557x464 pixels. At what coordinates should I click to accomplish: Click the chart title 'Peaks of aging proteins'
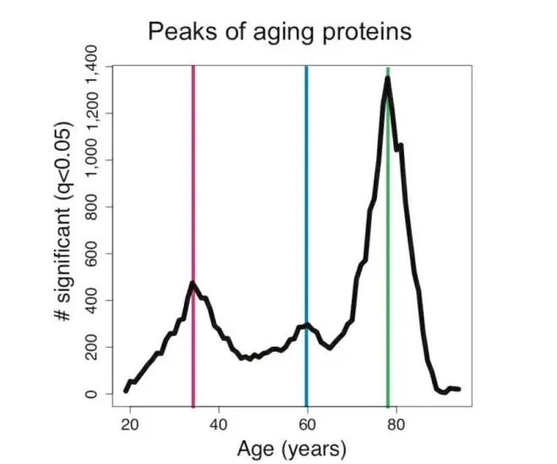[x=279, y=32]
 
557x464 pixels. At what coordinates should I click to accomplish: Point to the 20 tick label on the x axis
[x=130, y=424]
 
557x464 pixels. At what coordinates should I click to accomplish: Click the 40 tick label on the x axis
[x=219, y=424]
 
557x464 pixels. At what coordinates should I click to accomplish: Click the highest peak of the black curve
[x=387, y=78]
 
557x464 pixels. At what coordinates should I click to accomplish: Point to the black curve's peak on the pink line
[x=193, y=283]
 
